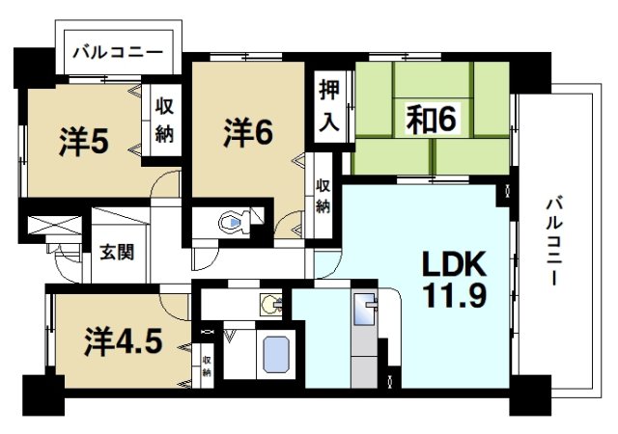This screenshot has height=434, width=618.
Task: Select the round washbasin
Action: (269, 306)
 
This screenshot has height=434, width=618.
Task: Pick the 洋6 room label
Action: (248, 131)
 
